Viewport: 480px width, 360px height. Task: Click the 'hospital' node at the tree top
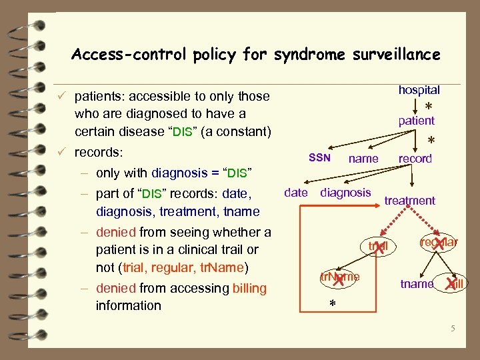tap(419, 89)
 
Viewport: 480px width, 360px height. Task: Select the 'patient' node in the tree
tap(416, 121)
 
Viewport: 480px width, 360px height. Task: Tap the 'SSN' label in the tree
tap(319, 158)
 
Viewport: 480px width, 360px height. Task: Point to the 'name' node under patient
tap(363, 159)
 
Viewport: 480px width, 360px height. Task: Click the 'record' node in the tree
tap(415, 159)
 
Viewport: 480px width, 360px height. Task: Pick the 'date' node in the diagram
tap(295, 193)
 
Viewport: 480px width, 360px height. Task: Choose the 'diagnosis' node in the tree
tap(345, 193)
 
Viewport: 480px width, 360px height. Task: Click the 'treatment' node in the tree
tap(409, 201)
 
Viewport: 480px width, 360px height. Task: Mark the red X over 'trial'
tap(379, 247)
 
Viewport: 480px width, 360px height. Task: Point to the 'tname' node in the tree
tap(417, 284)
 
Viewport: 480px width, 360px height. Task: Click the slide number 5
tap(452, 328)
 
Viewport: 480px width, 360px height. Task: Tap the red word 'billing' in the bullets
tap(249, 288)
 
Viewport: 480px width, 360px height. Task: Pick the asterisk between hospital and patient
tap(428, 107)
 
